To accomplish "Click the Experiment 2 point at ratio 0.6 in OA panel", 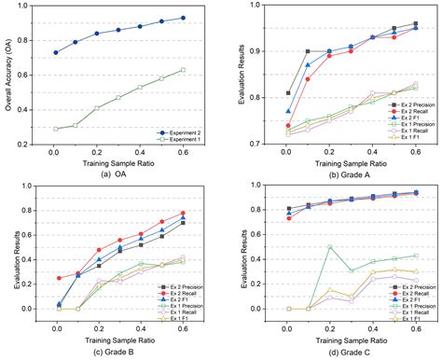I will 183,18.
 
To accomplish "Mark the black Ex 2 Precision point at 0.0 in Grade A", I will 288,93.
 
